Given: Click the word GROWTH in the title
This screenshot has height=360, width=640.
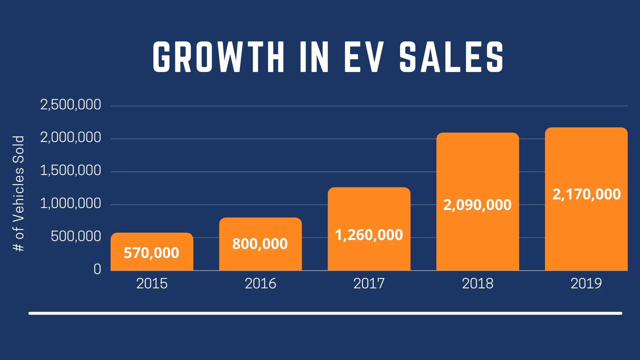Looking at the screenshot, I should click(219, 57).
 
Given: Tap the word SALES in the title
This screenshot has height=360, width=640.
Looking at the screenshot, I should click(451, 57).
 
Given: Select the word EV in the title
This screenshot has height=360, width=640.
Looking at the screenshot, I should click(364, 57).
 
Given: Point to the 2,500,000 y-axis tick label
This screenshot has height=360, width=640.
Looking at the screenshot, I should click(70, 105).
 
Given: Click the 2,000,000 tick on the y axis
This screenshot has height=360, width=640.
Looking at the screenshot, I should click(70, 137).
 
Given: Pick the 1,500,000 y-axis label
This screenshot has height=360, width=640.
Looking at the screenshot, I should click(70, 170).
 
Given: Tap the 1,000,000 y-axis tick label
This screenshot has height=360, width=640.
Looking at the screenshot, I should click(70, 203).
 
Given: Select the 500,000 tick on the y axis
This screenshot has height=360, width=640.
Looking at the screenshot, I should click(76, 236).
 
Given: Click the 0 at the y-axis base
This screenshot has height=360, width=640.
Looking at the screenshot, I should click(97, 269).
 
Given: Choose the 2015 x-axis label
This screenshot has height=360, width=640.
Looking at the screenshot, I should click(152, 284).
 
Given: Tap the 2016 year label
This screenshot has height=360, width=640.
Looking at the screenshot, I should click(260, 284).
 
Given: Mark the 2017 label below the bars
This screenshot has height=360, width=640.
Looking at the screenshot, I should click(369, 284).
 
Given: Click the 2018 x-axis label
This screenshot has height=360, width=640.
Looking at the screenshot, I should click(477, 284).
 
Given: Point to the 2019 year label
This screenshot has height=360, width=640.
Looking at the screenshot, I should click(586, 284).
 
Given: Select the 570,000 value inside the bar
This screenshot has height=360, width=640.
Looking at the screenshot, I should click(151, 253).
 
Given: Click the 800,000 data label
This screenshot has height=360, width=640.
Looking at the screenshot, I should click(260, 244).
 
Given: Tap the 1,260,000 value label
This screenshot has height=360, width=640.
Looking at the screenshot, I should click(369, 235).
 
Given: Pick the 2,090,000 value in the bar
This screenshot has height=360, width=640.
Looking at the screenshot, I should click(477, 205).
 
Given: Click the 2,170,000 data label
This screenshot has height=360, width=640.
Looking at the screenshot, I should click(587, 194).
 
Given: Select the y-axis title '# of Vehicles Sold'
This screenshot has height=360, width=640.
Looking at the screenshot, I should click(19, 193).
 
